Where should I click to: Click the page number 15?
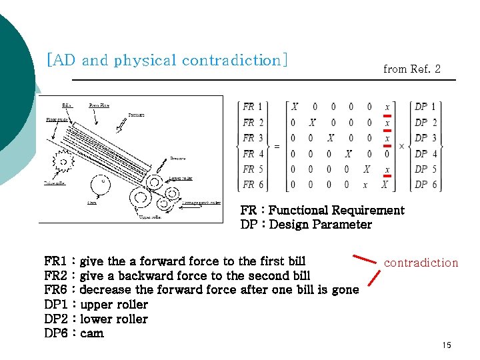point(447,345)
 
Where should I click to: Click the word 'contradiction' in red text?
point(421,263)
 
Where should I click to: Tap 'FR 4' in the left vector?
point(253,153)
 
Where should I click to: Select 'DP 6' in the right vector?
point(425,185)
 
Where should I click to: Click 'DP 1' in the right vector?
point(425,107)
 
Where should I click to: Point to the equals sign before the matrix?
point(277,146)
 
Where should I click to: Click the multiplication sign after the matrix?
point(402,146)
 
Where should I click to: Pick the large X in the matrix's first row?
point(294,107)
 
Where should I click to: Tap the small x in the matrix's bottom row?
point(365,185)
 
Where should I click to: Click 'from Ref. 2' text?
point(411,69)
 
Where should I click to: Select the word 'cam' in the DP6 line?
point(92,333)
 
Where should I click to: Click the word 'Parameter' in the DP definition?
point(339,225)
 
